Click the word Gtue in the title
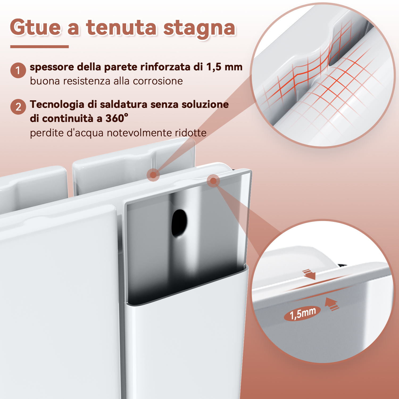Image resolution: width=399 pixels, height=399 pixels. tap(35, 27)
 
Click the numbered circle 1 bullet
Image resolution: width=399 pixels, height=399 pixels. tap(18, 70)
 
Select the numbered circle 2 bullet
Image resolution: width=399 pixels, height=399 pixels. tap(18, 107)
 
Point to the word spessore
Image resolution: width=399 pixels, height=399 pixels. tap(52, 67)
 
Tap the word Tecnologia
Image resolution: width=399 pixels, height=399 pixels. tap(57, 105)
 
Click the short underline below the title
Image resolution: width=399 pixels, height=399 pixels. tap(39, 47)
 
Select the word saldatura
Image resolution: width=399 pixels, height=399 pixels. tap(123, 105)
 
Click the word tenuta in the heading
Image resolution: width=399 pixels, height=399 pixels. tap(121, 28)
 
